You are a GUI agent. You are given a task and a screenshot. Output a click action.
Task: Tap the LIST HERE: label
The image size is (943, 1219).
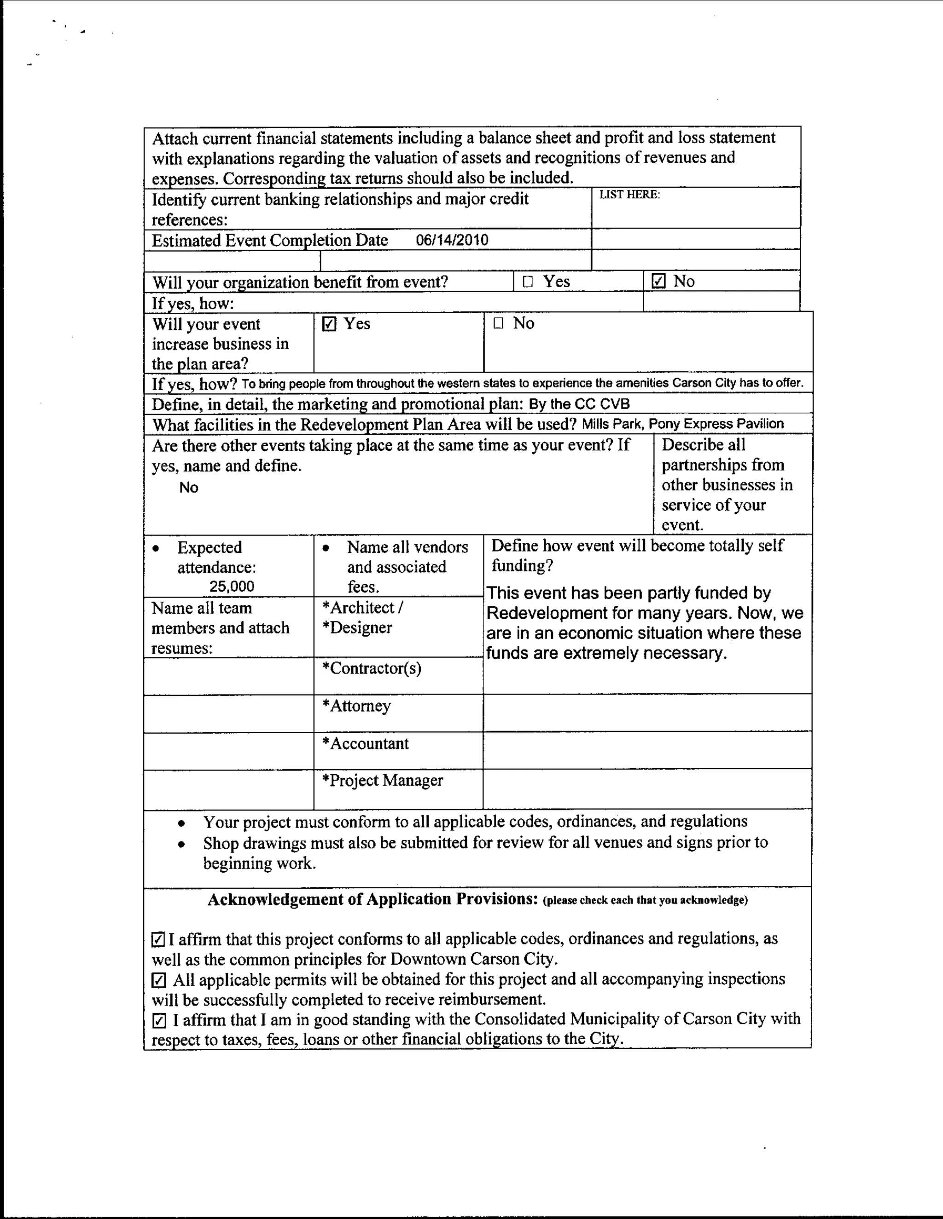coord(629,195)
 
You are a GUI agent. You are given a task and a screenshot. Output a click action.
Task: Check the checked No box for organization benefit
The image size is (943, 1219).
coord(658,282)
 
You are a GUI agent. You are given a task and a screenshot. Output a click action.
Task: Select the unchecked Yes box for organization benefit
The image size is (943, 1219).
coord(528,282)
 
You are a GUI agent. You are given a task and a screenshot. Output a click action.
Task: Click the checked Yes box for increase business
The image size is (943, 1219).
coord(330,324)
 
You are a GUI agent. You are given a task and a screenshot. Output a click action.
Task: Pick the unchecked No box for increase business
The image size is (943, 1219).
coord(498,323)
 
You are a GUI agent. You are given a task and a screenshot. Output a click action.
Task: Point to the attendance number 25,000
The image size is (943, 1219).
coord(232,586)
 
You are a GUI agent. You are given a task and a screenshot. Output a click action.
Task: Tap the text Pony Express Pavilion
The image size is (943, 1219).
coord(716,424)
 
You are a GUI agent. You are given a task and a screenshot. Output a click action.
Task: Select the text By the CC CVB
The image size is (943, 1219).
coord(579,404)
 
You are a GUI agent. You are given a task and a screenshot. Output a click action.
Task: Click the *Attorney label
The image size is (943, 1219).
coord(356,706)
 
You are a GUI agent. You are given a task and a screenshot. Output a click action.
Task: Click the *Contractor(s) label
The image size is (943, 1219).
coord(372,668)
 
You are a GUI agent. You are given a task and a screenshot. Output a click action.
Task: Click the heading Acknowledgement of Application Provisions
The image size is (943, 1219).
coord(373,899)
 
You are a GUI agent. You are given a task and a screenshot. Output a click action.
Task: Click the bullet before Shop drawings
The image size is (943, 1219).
coord(181,844)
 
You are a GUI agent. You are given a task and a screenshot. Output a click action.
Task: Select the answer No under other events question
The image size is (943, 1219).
coord(189,487)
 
